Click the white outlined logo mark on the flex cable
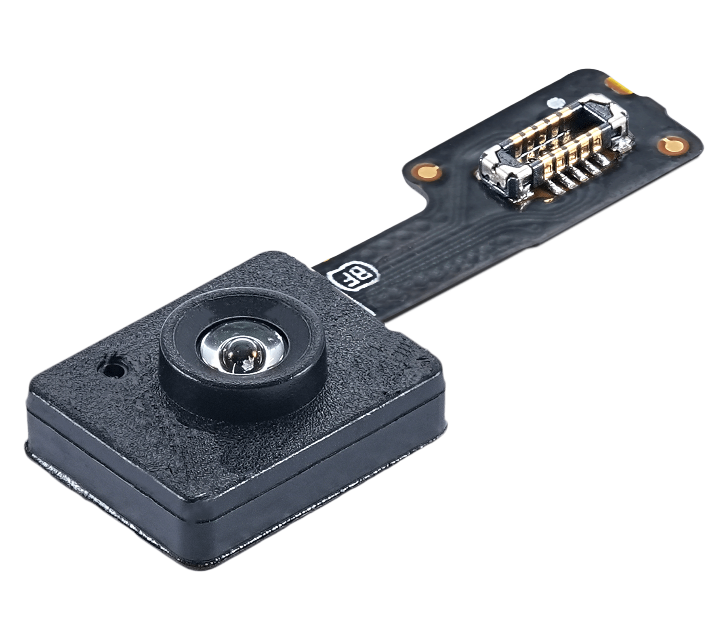353,277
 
